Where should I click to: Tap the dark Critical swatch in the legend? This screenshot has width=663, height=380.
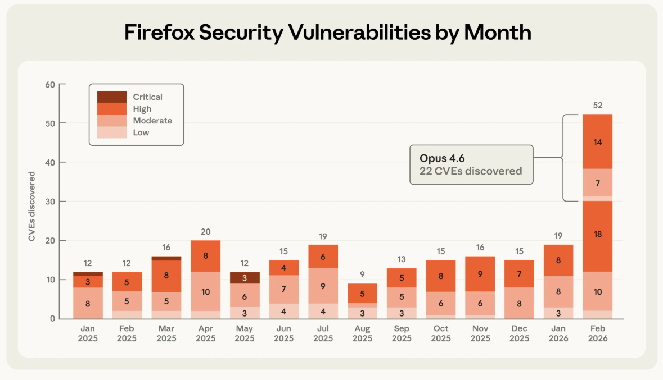[112, 97]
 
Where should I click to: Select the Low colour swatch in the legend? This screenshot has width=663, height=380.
[112, 132]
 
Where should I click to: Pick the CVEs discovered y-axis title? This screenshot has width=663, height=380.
[33, 207]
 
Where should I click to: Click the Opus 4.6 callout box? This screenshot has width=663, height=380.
[471, 164]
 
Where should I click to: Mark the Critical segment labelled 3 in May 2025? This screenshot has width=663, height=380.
[245, 278]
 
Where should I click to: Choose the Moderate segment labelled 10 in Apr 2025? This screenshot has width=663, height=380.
[205, 292]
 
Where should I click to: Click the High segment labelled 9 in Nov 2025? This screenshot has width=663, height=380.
[481, 274]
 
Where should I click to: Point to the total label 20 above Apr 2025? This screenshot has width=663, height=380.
[205, 232]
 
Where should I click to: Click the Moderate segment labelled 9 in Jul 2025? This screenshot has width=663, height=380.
[323, 286]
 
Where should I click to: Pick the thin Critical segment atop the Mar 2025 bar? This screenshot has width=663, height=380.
[166, 258]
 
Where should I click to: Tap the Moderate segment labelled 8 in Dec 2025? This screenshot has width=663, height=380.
[520, 303]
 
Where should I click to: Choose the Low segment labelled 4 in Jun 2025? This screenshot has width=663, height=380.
[284, 312]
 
